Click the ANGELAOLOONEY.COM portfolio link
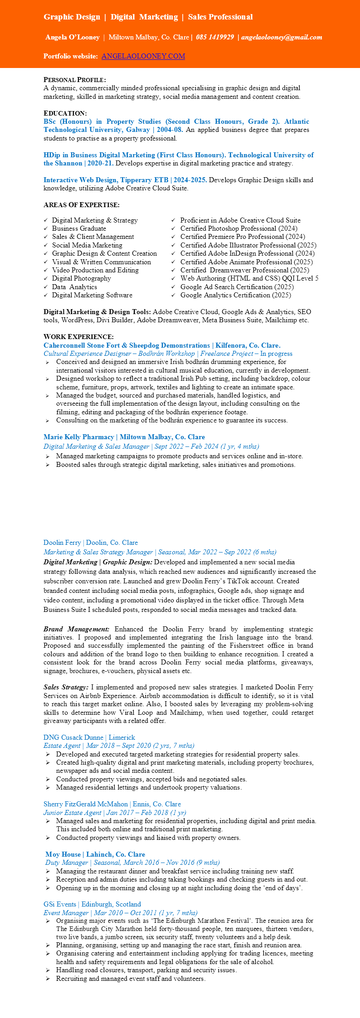[x=143, y=56]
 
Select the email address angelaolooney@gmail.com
[x=282, y=37]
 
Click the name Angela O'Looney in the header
[x=73, y=37]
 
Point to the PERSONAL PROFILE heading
[x=75, y=80]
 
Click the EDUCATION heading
[x=65, y=113]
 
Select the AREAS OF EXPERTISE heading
[x=82, y=205]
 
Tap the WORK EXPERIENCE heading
[x=78, y=337]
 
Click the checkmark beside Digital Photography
[x=46, y=279]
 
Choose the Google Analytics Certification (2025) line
[x=235, y=295]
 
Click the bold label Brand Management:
[x=76, y=629]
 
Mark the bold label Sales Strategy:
[x=66, y=687]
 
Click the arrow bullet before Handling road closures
[x=48, y=970]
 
